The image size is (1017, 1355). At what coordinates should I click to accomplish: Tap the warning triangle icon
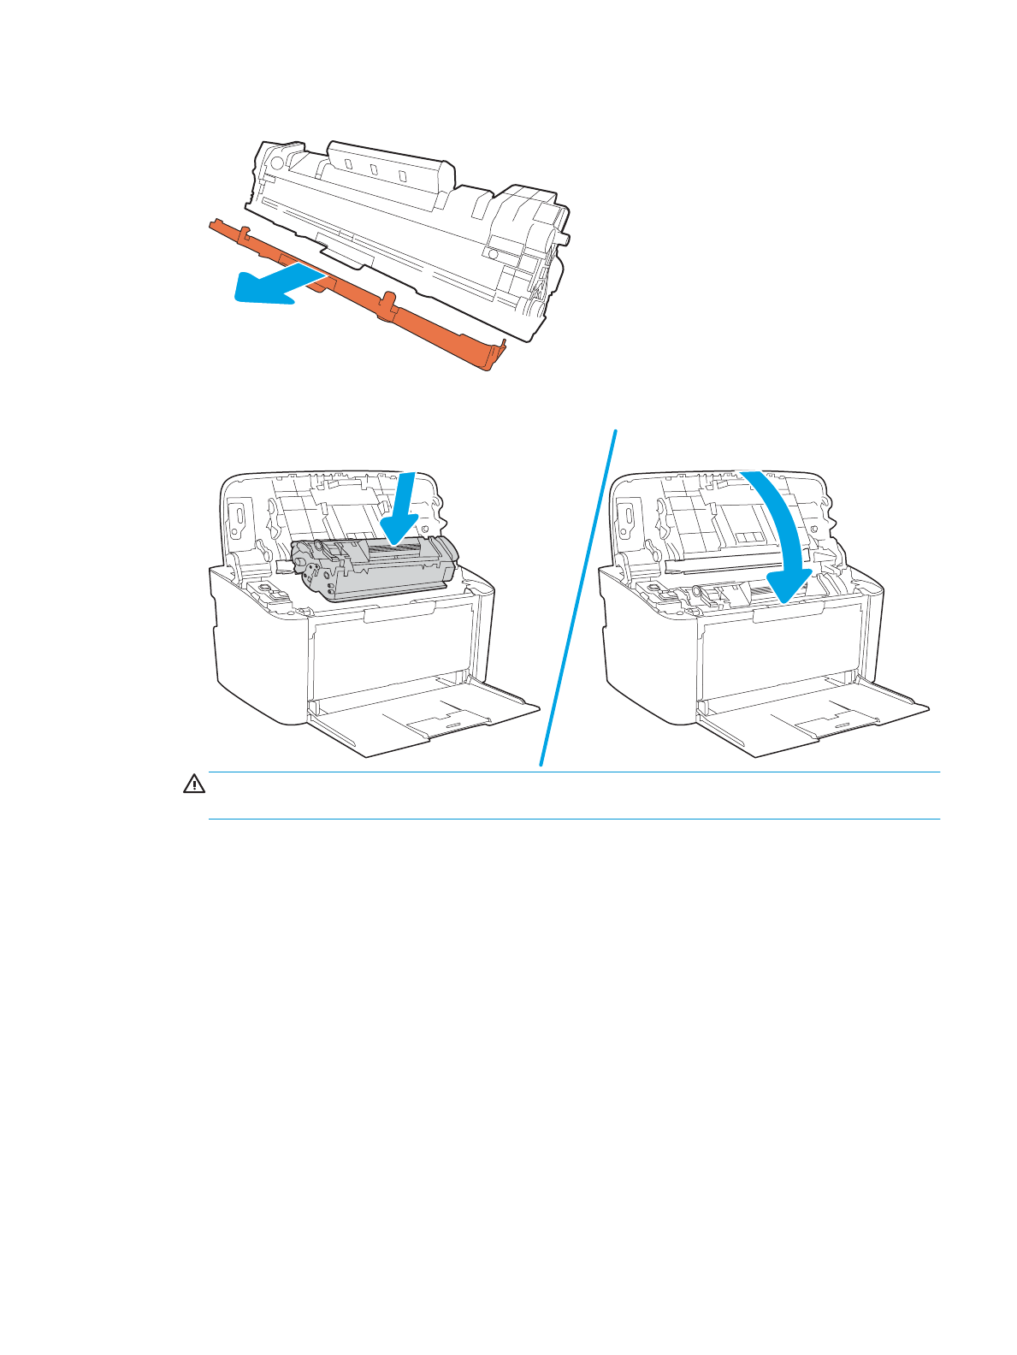pyautogui.click(x=194, y=784)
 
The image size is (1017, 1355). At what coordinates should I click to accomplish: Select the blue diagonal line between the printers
pyautogui.click(x=578, y=599)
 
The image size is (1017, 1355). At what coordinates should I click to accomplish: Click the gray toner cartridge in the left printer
pyautogui.click(x=376, y=569)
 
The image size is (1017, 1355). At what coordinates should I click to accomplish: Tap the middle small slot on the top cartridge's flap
pyautogui.click(x=374, y=169)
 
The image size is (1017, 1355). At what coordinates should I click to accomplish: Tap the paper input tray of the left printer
pyautogui.click(x=428, y=723)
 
